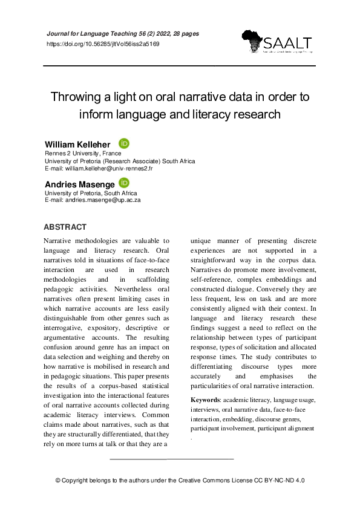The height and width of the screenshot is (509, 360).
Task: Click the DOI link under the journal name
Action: (103, 45)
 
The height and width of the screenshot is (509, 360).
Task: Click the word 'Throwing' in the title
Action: (76, 97)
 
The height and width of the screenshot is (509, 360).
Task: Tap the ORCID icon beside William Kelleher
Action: (123, 144)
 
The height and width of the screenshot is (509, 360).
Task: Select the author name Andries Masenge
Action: (79, 183)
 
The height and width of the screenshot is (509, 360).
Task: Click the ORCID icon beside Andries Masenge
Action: (124, 183)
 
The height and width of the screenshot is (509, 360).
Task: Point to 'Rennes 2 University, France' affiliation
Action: (83, 154)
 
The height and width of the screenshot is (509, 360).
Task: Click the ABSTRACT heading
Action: (65, 227)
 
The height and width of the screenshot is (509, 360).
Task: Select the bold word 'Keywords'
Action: (205, 400)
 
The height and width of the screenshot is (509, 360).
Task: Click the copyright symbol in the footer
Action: (58, 480)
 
